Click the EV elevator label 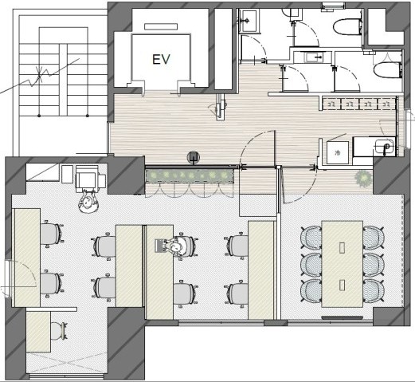coord(161,60)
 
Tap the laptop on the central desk coord(159,246)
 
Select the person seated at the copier coord(88,202)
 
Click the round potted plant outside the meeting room coord(363,178)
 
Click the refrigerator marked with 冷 coord(338,152)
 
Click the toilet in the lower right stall coord(387,70)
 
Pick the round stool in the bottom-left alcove coord(58,331)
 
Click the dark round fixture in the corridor coord(194,157)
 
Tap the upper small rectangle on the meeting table coord(343,247)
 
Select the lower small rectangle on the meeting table coord(343,285)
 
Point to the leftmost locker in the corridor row coord(331,104)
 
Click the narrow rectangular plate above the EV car coord(161,26)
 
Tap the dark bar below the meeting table coord(343,317)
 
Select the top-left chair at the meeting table coord(311,238)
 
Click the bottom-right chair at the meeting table coord(374,291)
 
